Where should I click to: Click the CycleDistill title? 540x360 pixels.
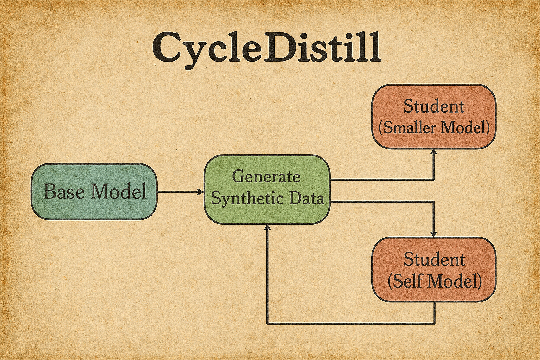[x=266, y=50]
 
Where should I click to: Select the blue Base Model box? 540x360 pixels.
[x=94, y=192]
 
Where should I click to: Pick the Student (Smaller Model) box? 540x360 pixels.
[x=434, y=117]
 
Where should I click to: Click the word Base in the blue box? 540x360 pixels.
[x=63, y=192]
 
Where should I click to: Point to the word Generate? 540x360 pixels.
[x=266, y=176]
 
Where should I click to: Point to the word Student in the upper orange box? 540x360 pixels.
[x=434, y=106]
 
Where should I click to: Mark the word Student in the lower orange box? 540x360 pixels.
[x=434, y=259]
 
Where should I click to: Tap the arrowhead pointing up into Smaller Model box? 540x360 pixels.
[x=433, y=152]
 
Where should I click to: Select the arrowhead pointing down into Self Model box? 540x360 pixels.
[x=433, y=234]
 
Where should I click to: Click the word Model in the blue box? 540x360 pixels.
[x=118, y=192]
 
